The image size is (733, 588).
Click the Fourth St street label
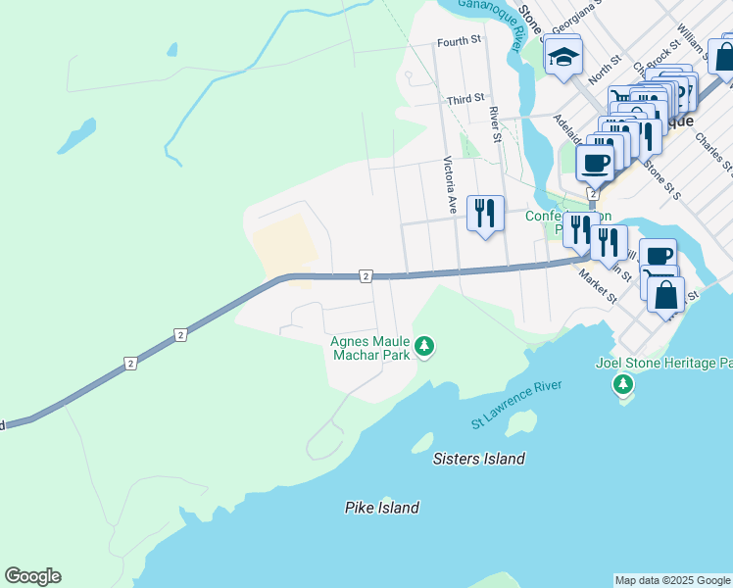pos(460,41)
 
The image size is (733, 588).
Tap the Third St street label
pos(465,99)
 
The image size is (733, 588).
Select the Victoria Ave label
pos(451,185)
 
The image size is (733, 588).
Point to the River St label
pos(496,124)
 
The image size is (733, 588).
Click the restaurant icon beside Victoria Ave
pos(485,213)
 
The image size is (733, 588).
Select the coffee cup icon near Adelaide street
pos(595,162)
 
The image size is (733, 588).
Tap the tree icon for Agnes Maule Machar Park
pos(424,345)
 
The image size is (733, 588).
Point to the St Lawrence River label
pos(516,404)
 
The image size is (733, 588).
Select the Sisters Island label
pos(480,459)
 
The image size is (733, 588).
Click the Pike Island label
pos(382,508)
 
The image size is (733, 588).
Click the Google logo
pos(32,576)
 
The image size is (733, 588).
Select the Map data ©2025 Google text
pos(672,580)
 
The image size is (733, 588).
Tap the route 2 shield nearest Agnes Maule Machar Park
pos(365,276)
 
